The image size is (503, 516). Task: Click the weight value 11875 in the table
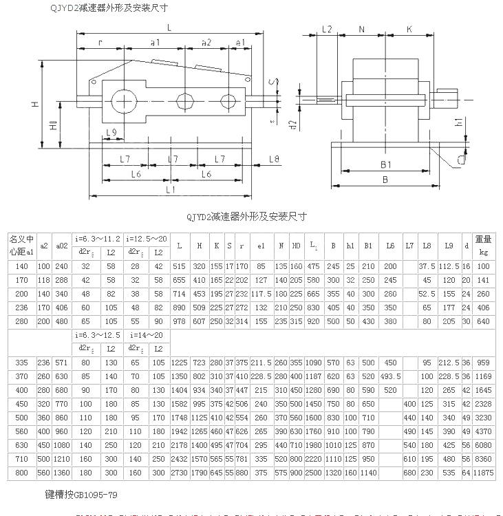pos(484,473)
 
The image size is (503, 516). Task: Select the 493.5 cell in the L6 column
pos(391,376)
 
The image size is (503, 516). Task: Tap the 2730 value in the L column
pos(179,473)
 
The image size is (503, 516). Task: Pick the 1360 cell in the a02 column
pos(62,473)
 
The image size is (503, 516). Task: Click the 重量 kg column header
pos(484,245)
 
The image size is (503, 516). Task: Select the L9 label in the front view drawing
pos(111,131)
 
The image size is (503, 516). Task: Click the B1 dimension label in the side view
pos(385,164)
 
